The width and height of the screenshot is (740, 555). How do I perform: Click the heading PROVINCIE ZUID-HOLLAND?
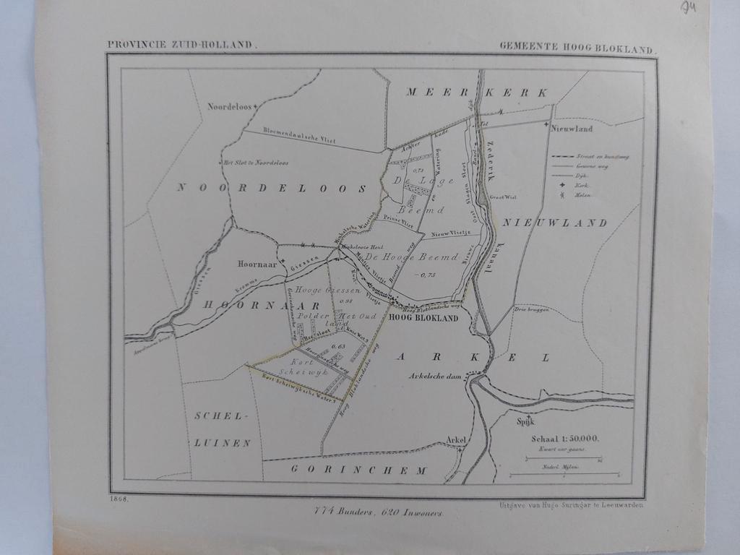tap(181, 45)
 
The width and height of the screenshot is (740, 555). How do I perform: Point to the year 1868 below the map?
tap(119, 499)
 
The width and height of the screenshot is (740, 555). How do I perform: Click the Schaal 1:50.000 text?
tap(565, 439)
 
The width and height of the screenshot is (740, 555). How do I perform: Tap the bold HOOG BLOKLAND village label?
tap(423, 318)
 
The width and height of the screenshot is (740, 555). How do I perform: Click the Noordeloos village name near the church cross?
tap(229, 106)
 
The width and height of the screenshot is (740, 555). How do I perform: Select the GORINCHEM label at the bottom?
tap(359, 470)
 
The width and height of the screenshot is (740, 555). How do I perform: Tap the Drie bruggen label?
tap(532, 309)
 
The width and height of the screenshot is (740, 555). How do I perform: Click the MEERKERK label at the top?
tap(477, 92)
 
